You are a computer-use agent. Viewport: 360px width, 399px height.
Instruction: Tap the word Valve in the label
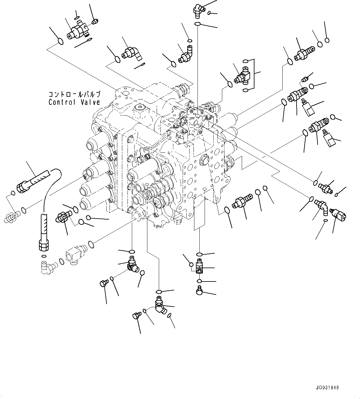point(90,102)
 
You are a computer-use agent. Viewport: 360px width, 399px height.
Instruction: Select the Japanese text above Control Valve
point(74,94)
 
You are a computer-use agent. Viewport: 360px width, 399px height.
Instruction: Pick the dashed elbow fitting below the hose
point(46,266)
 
